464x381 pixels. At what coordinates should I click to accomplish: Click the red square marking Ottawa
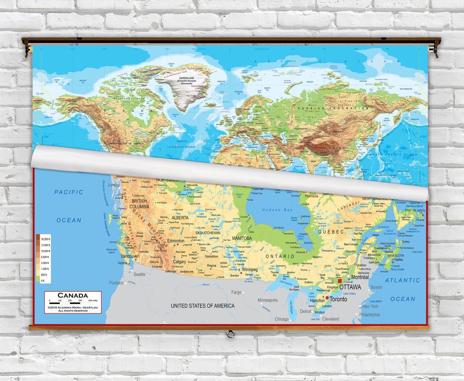(x=340, y=281)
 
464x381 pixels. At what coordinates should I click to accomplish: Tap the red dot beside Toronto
(x=327, y=298)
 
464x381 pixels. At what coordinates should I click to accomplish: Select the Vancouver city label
(x=129, y=256)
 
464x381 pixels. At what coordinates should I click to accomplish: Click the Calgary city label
(x=179, y=262)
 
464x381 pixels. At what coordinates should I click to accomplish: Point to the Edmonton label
(x=176, y=241)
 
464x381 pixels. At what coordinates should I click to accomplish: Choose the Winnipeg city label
(x=250, y=269)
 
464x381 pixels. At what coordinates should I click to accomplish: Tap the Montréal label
(x=360, y=277)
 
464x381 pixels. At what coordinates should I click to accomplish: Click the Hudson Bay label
(x=277, y=210)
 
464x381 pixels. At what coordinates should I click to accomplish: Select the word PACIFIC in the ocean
(x=69, y=192)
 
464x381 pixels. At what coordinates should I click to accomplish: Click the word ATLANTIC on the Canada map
(x=402, y=280)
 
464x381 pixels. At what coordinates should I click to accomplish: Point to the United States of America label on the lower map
(x=203, y=306)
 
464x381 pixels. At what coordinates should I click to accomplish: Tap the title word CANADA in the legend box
(x=73, y=295)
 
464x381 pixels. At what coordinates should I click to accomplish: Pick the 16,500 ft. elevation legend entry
(x=45, y=239)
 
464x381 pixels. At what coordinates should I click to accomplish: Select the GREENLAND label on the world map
(x=186, y=78)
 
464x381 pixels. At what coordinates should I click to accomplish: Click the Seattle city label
(x=139, y=275)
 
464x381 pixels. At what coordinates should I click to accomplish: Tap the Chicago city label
(x=282, y=319)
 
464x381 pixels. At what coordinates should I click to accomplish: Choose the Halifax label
(x=398, y=260)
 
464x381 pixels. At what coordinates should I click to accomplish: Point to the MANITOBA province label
(x=242, y=238)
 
